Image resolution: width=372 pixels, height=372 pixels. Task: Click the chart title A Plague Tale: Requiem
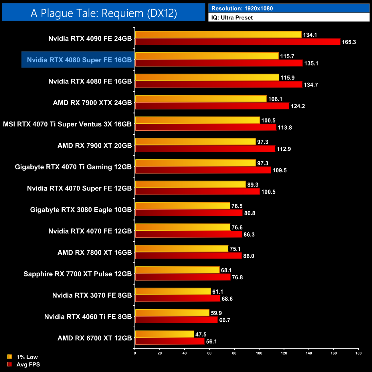click(104, 13)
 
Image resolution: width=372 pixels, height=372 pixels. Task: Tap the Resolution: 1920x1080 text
click(242, 9)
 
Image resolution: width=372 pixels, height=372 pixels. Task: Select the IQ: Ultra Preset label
click(232, 18)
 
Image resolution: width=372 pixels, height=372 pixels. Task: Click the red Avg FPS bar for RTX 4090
click(238, 42)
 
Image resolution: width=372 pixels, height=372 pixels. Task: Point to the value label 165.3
click(349, 42)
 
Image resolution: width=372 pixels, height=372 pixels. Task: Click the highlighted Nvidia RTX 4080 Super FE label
click(79, 60)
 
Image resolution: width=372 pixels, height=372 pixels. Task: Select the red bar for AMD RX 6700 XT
click(170, 341)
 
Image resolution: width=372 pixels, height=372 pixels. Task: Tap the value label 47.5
click(201, 335)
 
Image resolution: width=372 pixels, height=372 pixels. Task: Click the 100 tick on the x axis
click(259, 353)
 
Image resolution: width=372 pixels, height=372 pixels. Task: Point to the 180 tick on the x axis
click(359, 353)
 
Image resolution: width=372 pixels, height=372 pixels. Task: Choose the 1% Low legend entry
click(27, 357)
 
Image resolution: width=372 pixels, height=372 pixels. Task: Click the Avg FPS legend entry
click(28, 365)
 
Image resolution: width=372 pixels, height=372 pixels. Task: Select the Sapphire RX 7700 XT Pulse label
click(78, 274)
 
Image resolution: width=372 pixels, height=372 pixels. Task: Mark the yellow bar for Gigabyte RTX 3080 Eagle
click(183, 206)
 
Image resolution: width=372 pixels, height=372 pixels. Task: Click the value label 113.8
click(285, 128)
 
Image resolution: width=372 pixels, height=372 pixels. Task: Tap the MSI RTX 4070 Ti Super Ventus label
click(67, 124)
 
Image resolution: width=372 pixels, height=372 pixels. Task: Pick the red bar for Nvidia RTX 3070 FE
click(177, 298)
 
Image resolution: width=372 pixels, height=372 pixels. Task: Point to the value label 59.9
click(216, 313)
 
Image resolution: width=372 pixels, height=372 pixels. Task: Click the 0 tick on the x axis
click(135, 353)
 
